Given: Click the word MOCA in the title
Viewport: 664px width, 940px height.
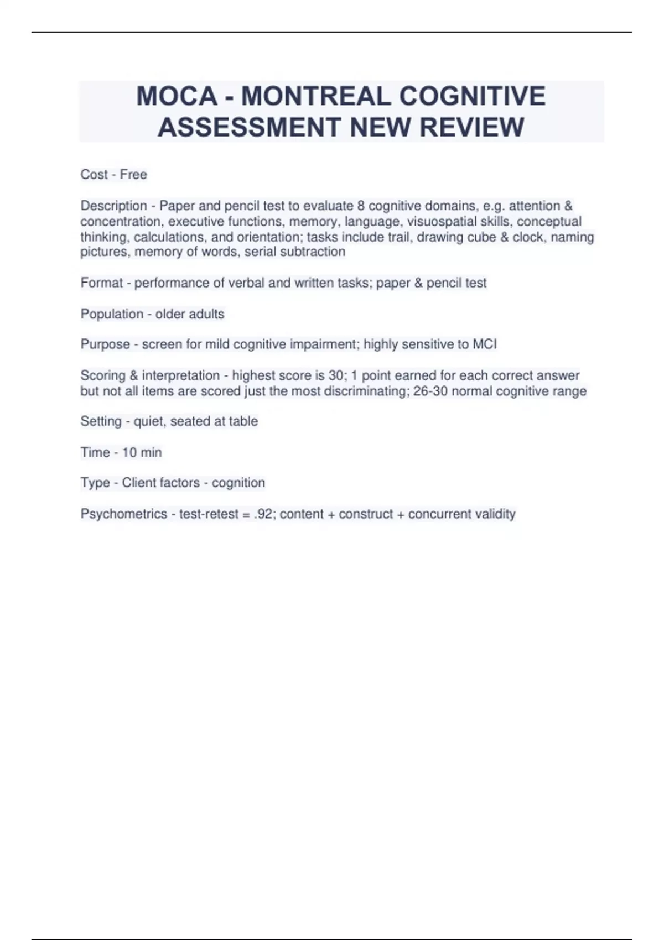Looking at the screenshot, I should pyautogui.click(x=177, y=96).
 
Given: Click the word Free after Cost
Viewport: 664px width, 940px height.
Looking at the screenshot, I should pyautogui.click(x=133, y=175).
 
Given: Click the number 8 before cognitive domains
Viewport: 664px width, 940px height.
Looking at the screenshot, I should pyautogui.click(x=361, y=206).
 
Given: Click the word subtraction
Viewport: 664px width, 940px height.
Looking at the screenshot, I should pyautogui.click(x=314, y=252).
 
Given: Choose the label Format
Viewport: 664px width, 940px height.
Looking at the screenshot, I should pyautogui.click(x=101, y=283).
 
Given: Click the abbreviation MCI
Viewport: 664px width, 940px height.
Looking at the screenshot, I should pyautogui.click(x=485, y=344).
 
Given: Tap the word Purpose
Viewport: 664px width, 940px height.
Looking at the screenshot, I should pyautogui.click(x=105, y=344).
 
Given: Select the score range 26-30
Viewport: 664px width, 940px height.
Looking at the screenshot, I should pyautogui.click(x=430, y=391).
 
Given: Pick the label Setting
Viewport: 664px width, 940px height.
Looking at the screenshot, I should pyautogui.click(x=101, y=422).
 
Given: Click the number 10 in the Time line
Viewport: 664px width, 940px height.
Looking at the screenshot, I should pyautogui.click(x=129, y=452).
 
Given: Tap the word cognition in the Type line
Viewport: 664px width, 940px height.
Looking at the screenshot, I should pyautogui.click(x=238, y=483).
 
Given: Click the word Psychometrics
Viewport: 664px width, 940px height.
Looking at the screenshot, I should pyautogui.click(x=123, y=514).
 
